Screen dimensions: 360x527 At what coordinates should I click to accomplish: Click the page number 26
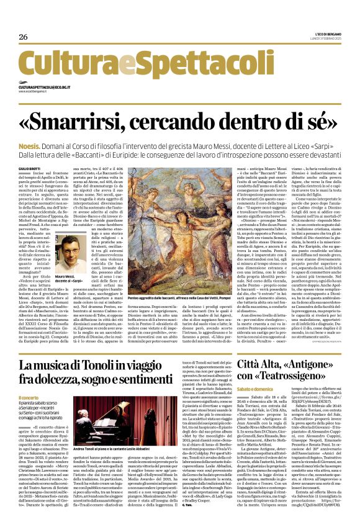[x=24, y=38]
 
